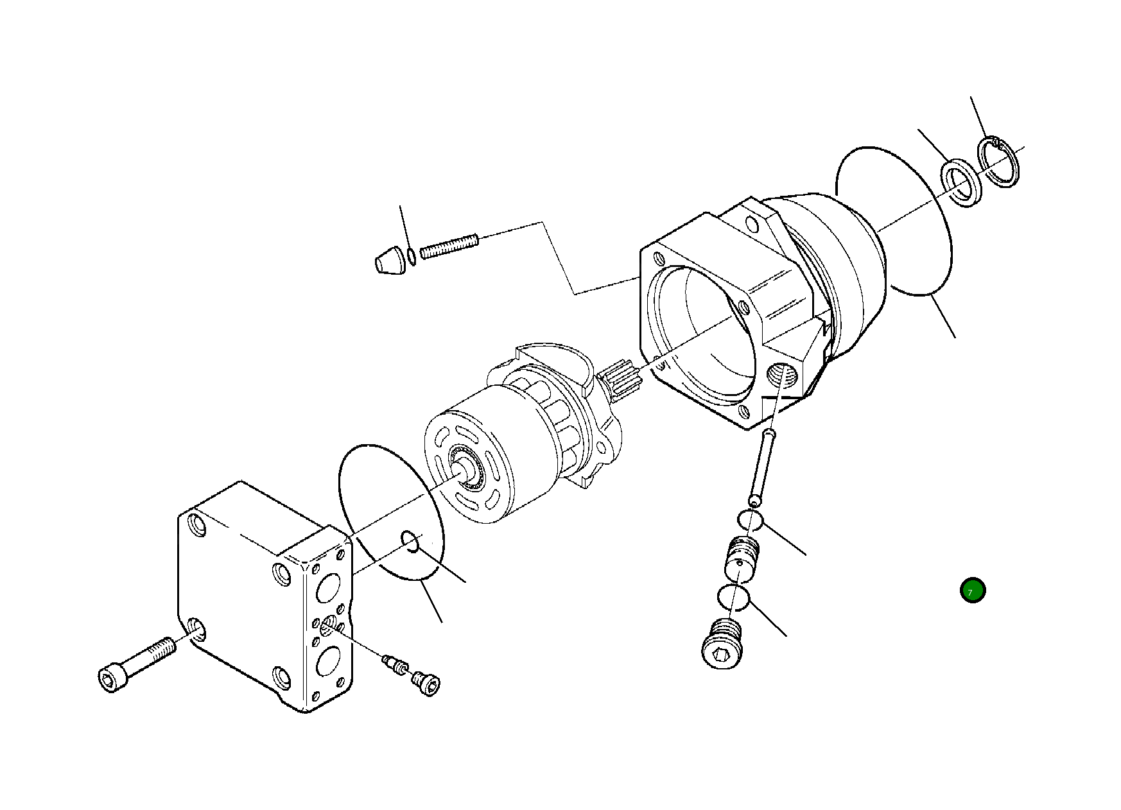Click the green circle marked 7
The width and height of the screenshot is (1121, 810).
point(972,590)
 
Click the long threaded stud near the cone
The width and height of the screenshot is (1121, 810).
point(449,245)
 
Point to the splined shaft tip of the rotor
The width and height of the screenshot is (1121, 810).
point(621,379)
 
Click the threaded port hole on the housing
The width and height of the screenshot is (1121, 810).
point(783,375)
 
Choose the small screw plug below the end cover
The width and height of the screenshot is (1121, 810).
point(426,682)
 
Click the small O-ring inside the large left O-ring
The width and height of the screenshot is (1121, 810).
point(411,541)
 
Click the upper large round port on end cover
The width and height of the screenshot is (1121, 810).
point(328,587)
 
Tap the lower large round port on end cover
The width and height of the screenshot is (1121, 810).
point(328,661)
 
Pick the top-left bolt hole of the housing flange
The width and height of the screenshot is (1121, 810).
point(657,259)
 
